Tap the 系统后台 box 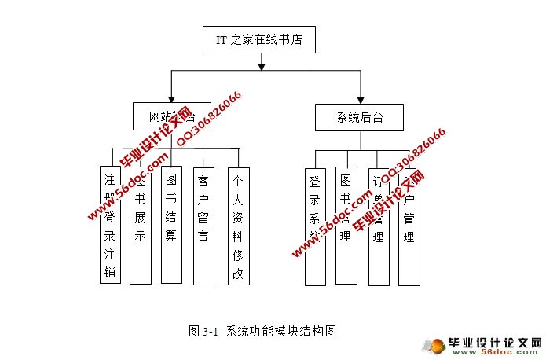tap(359, 118)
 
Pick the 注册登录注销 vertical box tap(110, 225)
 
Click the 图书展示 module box tap(140, 225)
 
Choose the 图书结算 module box tap(171, 225)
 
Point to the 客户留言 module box tap(203, 225)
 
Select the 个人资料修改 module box tap(237, 225)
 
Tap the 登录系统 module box tap(314, 226)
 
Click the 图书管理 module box tap(345, 226)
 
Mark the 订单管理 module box tap(378, 226)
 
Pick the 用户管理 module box tap(408, 226)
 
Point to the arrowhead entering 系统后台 tap(359, 99)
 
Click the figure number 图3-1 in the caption tap(203, 331)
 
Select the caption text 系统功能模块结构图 tap(280, 331)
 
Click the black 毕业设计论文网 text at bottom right tap(494, 343)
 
